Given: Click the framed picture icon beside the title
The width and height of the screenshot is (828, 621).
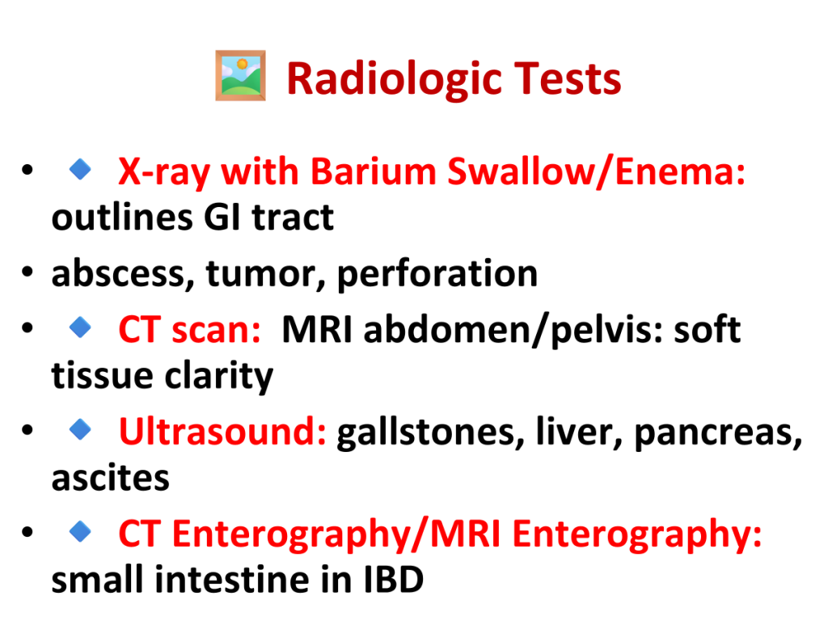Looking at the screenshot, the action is pos(240,75).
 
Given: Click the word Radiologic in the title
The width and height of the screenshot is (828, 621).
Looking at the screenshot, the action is pos(394,79).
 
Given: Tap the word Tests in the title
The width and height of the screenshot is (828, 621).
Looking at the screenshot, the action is pos(568,78).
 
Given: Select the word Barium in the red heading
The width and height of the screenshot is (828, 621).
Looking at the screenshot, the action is pos(374,171).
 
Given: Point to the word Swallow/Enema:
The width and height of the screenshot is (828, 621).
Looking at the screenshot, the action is pos(597,171).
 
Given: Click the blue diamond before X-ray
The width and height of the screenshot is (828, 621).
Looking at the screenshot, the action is pos(80,170).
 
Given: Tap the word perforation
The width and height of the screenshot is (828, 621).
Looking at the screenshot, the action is pos(437,273).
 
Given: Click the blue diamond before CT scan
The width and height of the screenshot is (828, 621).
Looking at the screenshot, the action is pos(80,327).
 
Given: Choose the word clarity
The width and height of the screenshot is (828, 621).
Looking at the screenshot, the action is pos(219,376).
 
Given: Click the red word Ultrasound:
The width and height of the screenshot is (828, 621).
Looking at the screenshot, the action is pos(223,432).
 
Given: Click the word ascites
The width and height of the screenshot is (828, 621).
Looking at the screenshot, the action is pos(110,478).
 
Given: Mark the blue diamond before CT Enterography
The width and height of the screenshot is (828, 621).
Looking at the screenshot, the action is pos(80,531).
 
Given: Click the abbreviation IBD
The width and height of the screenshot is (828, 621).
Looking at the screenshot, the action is pos(394,580).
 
